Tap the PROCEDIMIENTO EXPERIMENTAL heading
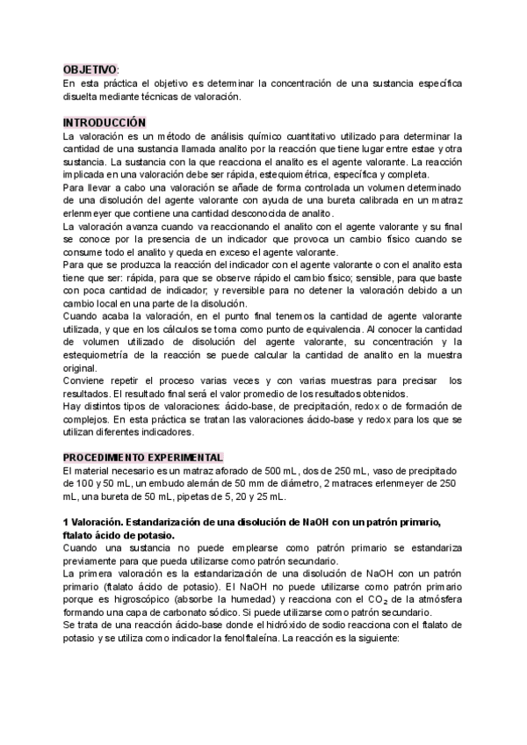coord(143,457)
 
